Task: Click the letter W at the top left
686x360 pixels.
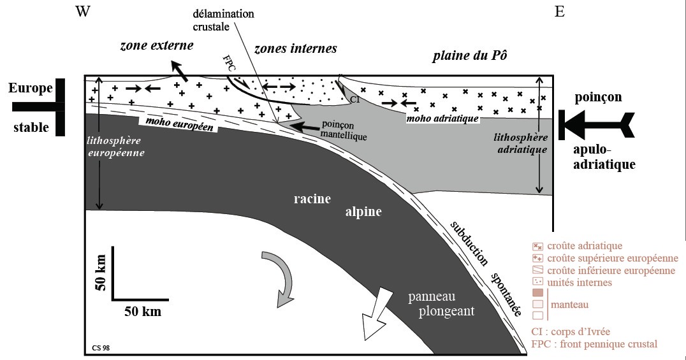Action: (82, 12)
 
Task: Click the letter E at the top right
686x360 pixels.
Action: (559, 12)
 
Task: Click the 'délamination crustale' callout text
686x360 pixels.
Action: (217, 21)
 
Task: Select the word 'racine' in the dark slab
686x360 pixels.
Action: (312, 199)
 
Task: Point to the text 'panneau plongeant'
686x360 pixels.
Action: (444, 305)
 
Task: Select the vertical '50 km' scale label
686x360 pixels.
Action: (100, 274)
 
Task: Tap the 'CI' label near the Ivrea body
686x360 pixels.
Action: (354, 100)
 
